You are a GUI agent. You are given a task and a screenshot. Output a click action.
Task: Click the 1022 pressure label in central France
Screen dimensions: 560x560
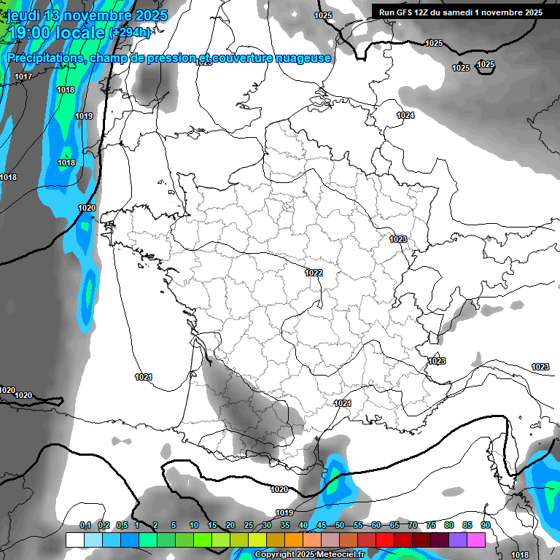(x=314, y=273)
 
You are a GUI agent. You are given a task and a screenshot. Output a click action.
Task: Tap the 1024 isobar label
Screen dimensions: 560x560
(x=405, y=116)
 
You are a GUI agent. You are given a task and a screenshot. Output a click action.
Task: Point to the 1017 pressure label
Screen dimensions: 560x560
(x=23, y=77)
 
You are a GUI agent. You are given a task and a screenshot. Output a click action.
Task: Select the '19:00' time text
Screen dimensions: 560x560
(x=29, y=32)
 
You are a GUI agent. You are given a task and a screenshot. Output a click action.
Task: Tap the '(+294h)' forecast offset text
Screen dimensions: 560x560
(x=129, y=32)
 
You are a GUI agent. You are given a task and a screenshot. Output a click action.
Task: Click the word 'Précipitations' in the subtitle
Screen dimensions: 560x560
(x=44, y=58)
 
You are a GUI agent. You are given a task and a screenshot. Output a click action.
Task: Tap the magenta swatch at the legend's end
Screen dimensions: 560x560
(x=476, y=540)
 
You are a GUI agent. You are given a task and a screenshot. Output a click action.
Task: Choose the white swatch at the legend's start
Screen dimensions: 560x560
(x=74, y=540)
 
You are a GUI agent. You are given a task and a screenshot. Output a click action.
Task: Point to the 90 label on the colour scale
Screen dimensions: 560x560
(x=485, y=525)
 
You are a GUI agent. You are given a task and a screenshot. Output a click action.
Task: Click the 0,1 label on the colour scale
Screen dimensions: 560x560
(x=85, y=525)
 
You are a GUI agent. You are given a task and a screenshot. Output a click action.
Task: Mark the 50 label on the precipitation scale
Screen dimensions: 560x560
(x=340, y=525)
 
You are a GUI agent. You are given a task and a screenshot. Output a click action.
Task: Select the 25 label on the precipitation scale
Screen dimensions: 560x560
(x=249, y=525)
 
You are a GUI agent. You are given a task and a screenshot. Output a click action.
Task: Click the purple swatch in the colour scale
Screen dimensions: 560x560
(x=458, y=540)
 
